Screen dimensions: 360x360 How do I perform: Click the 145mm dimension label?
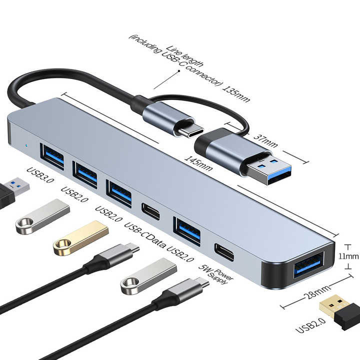tap(198, 163)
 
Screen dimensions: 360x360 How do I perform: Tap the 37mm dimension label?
tap(265, 140)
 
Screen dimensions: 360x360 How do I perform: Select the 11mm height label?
tap(349, 256)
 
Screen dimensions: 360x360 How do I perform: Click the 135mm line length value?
tap(236, 94)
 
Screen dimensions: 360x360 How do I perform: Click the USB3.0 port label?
tap(40, 175)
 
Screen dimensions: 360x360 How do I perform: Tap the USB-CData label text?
tap(144, 235)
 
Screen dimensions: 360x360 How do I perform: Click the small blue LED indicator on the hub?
tap(27, 145)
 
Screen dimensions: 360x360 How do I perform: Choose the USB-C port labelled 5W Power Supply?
tap(224, 252)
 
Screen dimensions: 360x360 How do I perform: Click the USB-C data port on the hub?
tap(150, 211)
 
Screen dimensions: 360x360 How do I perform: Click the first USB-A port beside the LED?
tap(52, 156)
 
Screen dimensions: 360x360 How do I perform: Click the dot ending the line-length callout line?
tap(179, 71)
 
